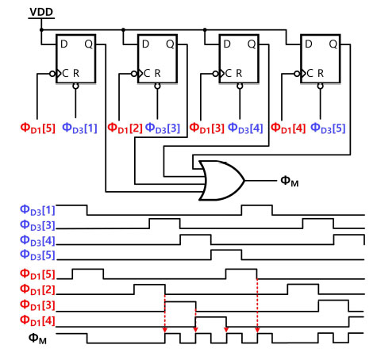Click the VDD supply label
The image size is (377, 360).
coord(41,12)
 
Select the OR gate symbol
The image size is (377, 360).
coord(221,181)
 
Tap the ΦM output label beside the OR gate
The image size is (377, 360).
coord(290,182)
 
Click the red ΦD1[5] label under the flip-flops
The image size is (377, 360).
coord(38,128)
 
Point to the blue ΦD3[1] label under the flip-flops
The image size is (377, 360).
coord(79,128)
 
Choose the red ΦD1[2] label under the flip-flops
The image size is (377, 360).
coord(125,128)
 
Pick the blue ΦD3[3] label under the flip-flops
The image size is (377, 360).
coord(163,128)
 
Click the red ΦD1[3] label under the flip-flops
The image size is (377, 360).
coord(207,128)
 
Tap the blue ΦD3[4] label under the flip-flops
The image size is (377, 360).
coord(245,128)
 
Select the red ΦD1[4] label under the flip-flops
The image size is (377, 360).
coord(288,128)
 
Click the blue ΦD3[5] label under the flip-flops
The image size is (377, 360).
coord(328,128)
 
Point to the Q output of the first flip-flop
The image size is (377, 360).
coord(89,44)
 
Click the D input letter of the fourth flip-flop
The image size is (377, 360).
coord(309,44)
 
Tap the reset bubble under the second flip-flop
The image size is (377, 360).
coord(157,86)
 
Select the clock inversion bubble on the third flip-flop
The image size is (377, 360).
coord(215,74)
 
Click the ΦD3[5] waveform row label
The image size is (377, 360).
coord(37,255)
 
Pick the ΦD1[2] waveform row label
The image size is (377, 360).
coord(37,289)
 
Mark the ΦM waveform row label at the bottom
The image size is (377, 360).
coord(37,339)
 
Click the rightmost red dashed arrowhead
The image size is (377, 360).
coord(257,330)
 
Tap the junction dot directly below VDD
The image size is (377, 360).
coord(41,30)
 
